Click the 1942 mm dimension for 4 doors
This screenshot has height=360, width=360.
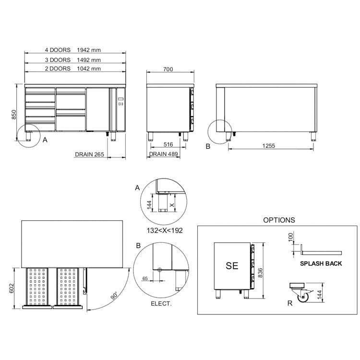(89, 50)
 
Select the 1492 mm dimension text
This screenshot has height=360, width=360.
(89, 60)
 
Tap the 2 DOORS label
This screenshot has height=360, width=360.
(58, 69)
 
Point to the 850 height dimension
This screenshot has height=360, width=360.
(14, 115)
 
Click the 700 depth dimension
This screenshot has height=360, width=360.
(168, 69)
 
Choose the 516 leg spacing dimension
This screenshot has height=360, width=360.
(168, 144)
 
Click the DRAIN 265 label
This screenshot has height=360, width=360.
(90, 155)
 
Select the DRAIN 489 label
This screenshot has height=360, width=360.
(164, 154)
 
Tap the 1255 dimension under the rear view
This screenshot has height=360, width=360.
(269, 146)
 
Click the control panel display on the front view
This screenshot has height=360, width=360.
(120, 99)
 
